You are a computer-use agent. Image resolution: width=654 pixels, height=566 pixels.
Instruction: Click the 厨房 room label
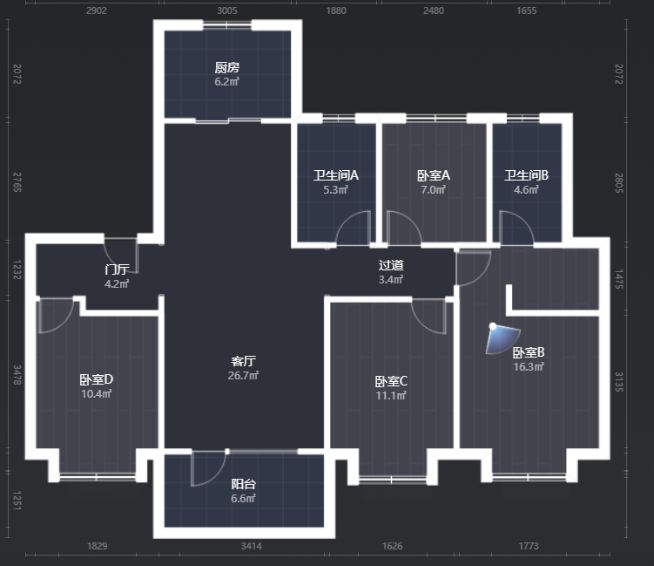[x=227, y=67]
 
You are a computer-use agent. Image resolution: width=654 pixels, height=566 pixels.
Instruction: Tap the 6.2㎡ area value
[x=227, y=82]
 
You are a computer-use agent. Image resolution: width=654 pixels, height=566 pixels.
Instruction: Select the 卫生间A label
[x=336, y=175]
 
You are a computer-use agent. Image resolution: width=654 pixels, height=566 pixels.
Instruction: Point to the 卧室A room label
[x=434, y=175]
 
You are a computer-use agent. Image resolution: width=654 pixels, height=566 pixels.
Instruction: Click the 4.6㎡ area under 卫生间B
[x=526, y=189]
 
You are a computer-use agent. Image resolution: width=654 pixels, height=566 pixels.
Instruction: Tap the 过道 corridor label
[x=391, y=265]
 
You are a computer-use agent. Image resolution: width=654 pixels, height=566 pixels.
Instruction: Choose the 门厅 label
[x=117, y=269]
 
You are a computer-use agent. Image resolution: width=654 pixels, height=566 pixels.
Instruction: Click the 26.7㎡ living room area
[x=243, y=376]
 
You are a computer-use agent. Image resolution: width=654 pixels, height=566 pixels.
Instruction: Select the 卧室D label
[x=97, y=379]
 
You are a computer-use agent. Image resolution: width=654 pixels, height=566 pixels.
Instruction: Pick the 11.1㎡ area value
[x=391, y=396]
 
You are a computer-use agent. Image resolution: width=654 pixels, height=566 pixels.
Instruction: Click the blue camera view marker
[x=502, y=338]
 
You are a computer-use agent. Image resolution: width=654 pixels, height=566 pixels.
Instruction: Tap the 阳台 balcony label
[x=243, y=484]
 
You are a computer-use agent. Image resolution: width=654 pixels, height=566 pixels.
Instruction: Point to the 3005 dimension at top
[x=227, y=10]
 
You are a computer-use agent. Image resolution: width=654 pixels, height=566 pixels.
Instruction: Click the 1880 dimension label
[x=336, y=10]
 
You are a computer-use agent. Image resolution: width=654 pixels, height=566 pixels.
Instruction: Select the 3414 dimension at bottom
[x=252, y=546]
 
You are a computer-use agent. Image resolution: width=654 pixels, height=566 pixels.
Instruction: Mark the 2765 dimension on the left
[x=17, y=182]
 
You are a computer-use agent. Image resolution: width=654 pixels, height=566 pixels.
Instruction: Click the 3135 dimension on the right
[x=619, y=382]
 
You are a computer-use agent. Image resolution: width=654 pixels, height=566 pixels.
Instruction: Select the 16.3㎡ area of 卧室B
[x=529, y=367]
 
